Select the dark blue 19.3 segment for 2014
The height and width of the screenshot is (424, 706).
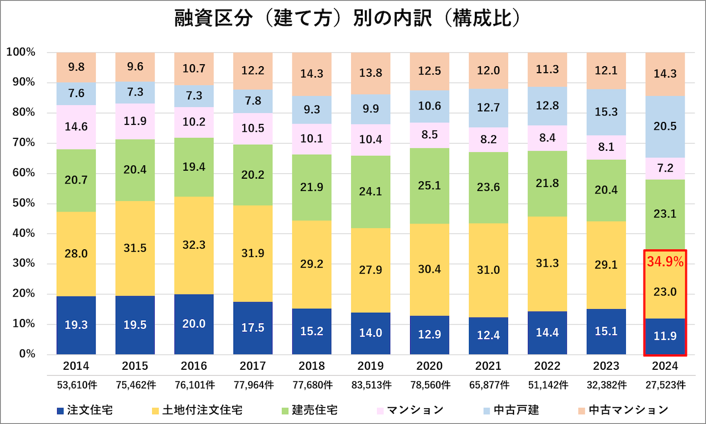tap(76, 325)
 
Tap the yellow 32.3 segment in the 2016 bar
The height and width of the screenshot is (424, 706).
tap(194, 245)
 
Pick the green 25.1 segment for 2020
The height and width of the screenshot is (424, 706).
tap(430, 186)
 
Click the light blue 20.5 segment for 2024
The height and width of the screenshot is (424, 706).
tap(665, 126)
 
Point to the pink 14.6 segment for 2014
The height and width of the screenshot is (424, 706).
tap(76, 127)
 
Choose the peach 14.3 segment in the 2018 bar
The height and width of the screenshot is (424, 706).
tap(312, 74)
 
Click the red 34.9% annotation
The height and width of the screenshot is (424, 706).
tap(665, 261)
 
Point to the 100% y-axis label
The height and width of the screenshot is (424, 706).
tap(20, 52)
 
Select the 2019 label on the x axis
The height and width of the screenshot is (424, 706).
tap(370, 366)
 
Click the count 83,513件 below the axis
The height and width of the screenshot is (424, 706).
tap(371, 385)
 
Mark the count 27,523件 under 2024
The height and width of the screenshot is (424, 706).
tap(665, 385)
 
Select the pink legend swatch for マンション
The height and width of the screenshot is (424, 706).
tap(380, 411)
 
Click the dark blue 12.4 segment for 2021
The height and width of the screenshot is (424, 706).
tap(488, 335)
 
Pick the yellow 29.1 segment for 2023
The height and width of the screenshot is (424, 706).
tap(606, 265)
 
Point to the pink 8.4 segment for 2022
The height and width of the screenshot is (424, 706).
tap(547, 138)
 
